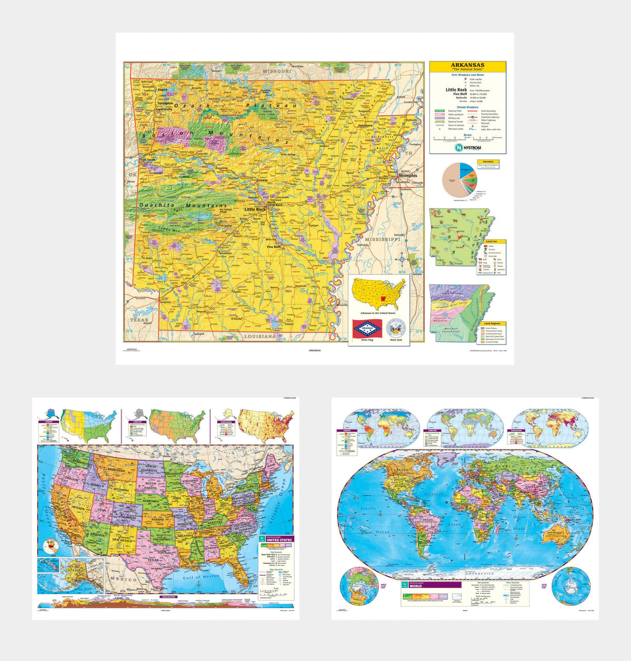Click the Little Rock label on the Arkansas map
click(255, 209)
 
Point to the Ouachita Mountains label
click(182, 205)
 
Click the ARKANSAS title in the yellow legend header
click(467, 65)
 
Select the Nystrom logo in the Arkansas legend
click(467, 148)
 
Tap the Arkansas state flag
click(368, 329)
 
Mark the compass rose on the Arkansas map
click(402, 258)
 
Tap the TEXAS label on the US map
click(154, 560)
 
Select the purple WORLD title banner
click(431, 585)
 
